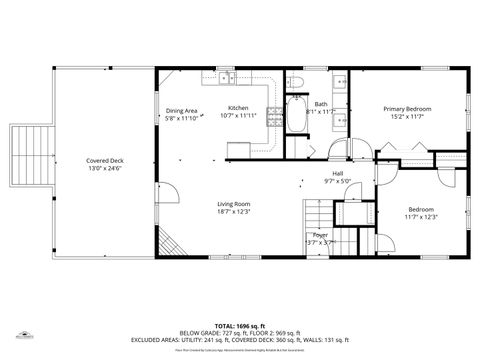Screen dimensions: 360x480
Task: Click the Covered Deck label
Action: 104,160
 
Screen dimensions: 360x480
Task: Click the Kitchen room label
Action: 238,108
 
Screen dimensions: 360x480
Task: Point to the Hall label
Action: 338,173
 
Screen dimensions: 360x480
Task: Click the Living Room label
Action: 234,203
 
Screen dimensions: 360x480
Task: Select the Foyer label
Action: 320,234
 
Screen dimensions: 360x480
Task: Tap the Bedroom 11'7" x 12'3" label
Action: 421,209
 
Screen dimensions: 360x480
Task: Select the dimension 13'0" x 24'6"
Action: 104,168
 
